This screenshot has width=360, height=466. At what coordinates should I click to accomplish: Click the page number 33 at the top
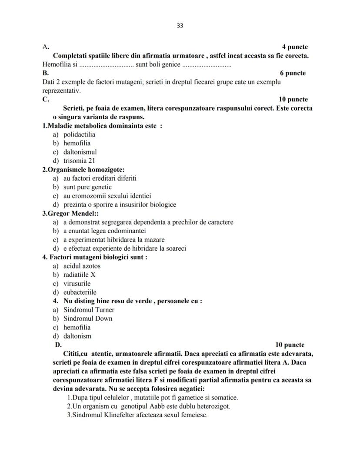coord(180,26)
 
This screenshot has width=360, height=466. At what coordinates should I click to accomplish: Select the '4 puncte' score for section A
coord(295,47)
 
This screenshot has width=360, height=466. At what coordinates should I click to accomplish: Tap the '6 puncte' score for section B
coord(293,73)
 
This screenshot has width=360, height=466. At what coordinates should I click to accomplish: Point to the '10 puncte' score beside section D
coord(290,345)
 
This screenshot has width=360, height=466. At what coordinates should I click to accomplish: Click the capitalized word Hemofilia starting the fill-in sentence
coord(55,65)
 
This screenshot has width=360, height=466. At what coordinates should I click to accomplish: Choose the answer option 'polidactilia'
coord(79,134)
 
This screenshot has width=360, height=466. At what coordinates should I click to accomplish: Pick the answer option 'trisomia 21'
coord(79,161)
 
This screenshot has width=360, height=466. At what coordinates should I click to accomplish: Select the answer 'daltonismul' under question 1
coord(80,152)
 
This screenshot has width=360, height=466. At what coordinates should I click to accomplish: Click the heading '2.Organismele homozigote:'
coord(83,169)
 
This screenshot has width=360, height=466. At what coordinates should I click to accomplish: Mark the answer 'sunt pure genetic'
coord(87,187)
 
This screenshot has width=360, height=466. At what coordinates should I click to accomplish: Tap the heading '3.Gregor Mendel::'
coord(70,213)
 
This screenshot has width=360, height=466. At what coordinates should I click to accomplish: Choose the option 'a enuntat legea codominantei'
coord(104,231)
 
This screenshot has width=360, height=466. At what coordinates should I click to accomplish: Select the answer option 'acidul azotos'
coord(82,266)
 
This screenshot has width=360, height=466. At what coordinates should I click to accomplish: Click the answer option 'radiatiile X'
coord(80,275)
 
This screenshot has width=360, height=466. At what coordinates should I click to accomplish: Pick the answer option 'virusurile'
coord(77,283)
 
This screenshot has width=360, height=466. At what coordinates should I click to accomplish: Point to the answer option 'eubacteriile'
coord(80,292)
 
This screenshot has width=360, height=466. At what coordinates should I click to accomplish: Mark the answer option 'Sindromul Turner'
coord(89,310)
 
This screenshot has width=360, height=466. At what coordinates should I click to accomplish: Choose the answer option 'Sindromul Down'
coord(88,318)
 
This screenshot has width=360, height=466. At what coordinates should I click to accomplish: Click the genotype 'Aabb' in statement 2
coord(152,406)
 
